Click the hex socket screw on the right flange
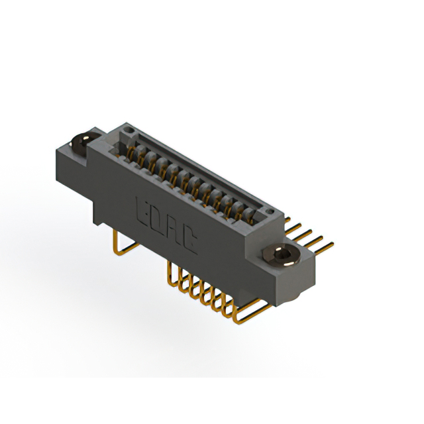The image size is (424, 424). point(282,255)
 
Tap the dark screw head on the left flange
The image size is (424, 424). point(81,142)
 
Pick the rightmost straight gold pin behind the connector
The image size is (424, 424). point(324,248)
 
